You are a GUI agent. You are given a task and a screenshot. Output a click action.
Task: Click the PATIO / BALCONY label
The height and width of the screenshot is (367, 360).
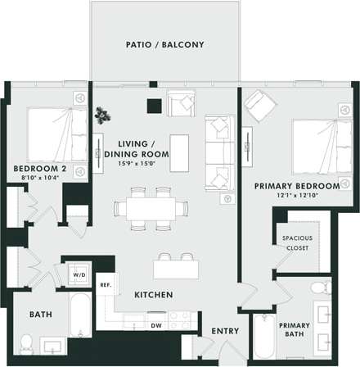pyautogui.click(x=164, y=44)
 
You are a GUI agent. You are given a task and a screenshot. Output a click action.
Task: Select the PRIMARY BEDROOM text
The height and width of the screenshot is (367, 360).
pyautogui.click(x=291, y=186)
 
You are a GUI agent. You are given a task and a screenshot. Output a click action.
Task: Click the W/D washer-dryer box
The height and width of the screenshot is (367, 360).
pyautogui.click(x=79, y=275)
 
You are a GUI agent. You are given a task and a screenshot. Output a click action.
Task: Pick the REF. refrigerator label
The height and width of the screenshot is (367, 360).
pyautogui.click(x=106, y=286)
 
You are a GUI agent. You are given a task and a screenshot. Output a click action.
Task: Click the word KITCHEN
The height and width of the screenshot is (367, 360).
pyautogui.click(x=152, y=293)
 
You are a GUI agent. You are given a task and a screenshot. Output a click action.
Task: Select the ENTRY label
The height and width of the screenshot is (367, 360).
pyautogui.click(x=225, y=331)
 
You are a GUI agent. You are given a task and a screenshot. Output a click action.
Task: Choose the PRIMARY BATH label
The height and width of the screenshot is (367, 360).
pyautogui.click(x=295, y=329)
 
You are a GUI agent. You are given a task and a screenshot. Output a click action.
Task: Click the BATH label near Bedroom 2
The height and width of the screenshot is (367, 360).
pyautogui.click(x=41, y=314)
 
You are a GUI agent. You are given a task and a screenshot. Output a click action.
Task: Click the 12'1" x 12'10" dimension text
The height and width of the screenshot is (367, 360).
pyautogui.click(x=291, y=196)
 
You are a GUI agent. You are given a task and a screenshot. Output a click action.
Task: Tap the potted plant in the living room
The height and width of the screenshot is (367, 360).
pyautogui.click(x=102, y=114)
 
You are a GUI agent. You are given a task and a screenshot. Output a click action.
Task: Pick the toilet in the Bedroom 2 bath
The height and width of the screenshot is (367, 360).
pyautogui.click(x=27, y=342)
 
